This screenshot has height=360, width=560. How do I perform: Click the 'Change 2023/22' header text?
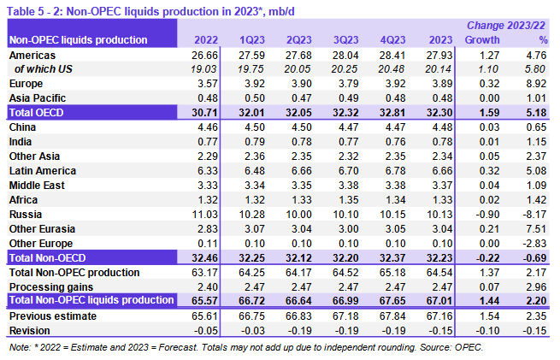[508, 27]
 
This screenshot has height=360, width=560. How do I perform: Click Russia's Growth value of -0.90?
[486, 214]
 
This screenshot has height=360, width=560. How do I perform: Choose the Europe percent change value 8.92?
[536, 84]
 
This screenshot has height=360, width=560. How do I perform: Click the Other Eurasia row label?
[40, 228]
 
